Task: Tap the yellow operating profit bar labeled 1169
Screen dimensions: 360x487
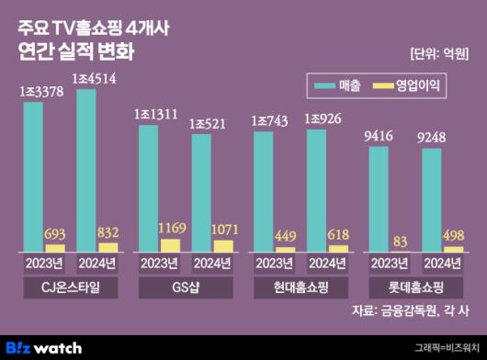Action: point(170,244)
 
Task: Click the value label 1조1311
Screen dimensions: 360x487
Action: point(156,114)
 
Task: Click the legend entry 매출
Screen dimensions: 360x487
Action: point(335,86)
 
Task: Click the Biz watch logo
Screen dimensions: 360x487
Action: point(44,347)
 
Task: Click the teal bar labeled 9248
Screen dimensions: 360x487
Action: point(431,197)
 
